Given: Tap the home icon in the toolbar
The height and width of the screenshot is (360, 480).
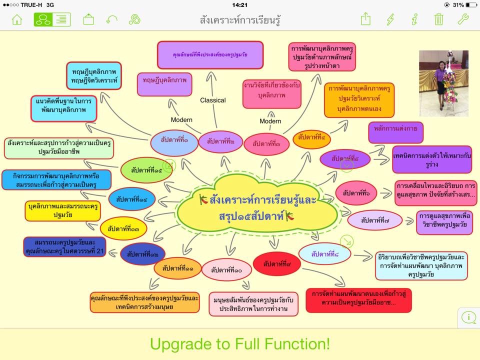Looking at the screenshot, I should tap(17, 19).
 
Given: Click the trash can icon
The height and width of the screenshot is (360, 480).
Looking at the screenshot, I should tap(438, 19).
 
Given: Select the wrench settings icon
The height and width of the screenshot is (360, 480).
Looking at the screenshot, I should tap(463, 19).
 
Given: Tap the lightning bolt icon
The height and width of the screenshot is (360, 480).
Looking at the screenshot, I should tap(390, 19).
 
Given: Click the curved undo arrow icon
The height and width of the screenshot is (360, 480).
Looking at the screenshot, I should tap(112, 19).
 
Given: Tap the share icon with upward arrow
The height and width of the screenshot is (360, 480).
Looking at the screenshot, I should tap(365, 19).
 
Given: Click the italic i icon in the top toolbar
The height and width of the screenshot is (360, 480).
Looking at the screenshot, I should tap(414, 19).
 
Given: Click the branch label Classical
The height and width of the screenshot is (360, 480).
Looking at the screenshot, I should tap(213, 100).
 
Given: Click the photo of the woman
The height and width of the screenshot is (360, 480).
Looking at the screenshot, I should tap(443, 83).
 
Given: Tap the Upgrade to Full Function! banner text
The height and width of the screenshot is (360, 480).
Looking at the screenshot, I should tap(240, 344).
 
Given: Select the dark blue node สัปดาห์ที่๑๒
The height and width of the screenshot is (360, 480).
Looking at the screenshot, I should tap(143, 254).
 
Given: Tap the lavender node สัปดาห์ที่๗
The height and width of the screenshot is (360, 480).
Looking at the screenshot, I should tap(375, 219).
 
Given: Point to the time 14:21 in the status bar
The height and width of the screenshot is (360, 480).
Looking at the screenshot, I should tap(240, 5).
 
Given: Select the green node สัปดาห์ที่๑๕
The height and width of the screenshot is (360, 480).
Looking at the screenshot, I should tap(147, 170).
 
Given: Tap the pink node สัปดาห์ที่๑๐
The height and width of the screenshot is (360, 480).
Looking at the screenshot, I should tap(226, 270).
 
